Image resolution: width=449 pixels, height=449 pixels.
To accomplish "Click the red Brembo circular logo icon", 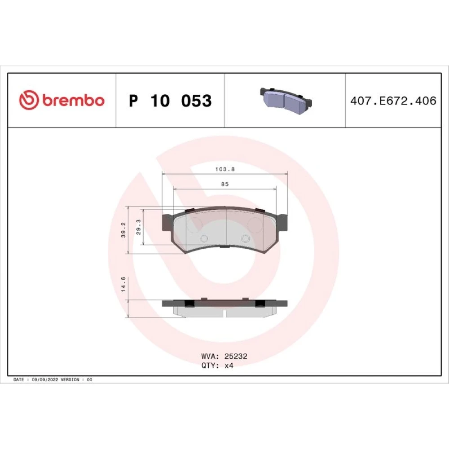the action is [x=29, y=100].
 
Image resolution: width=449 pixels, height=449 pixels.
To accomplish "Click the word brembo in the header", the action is [x=74, y=100].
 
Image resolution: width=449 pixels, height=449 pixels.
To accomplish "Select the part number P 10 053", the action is [x=170, y=101].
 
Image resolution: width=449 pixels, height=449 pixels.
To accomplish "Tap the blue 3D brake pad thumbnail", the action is [x=286, y=101].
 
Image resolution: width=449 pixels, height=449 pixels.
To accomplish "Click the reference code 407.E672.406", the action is [x=393, y=101].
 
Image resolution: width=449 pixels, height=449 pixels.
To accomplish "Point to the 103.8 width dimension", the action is [x=225, y=169].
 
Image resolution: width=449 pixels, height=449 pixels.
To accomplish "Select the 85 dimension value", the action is [x=225, y=184].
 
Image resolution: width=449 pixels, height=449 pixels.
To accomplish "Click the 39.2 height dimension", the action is [x=123, y=230].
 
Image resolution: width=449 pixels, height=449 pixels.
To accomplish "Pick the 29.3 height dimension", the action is [x=138, y=227].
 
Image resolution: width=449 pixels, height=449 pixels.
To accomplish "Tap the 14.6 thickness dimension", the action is [x=123, y=284].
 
